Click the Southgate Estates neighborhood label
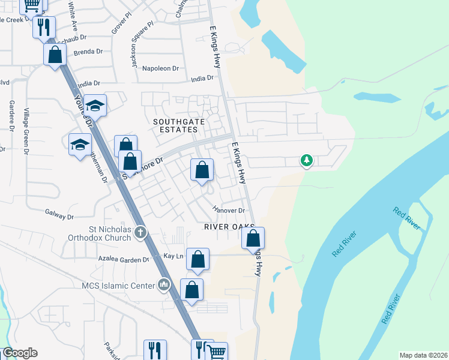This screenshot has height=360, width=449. pyautogui.click(x=175, y=125)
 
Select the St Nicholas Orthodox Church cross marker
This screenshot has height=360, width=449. pyautogui.click(x=140, y=232)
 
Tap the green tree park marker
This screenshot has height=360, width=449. pyautogui.click(x=307, y=160)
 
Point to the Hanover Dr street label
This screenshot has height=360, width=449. pyautogui.click(x=229, y=210)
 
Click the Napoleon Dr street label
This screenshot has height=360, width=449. pyautogui.click(x=161, y=68)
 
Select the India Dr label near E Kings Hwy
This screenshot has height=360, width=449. pyautogui.click(x=202, y=79)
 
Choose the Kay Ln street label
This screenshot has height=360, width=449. pyautogui.click(x=173, y=256)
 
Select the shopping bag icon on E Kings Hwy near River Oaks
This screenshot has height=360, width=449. pyautogui.click(x=253, y=238)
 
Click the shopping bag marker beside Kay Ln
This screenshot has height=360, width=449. pyautogui.click(x=197, y=259)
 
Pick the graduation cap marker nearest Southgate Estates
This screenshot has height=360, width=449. pyautogui.click(x=95, y=106)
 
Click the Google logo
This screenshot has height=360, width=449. pyautogui.click(x=19, y=353)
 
